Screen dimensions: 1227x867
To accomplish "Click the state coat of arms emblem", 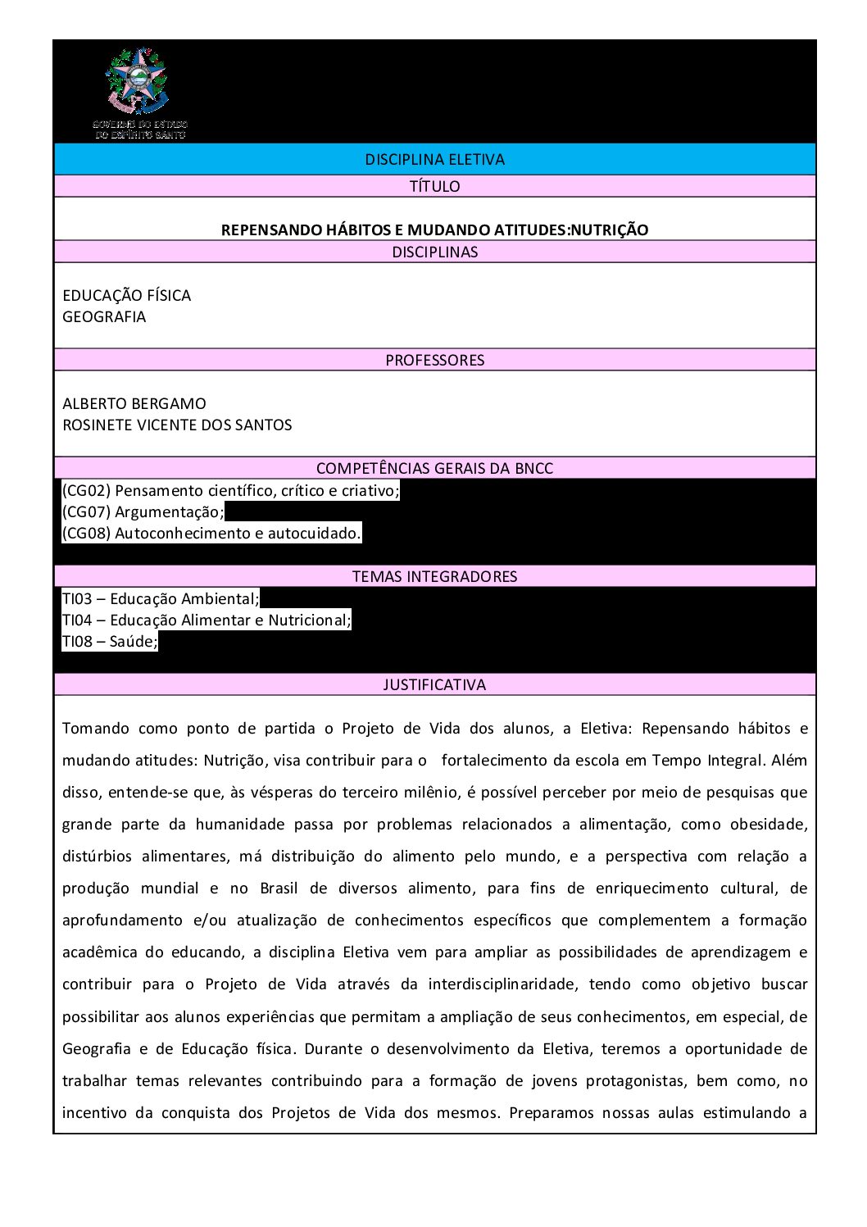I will pos(137,81).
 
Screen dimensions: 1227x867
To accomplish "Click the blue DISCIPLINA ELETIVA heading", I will pos(434,160).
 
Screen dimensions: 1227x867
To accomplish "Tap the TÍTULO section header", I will pos(434,186).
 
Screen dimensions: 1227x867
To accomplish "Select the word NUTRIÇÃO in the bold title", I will pos(609,230).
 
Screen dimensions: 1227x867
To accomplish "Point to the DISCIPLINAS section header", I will pos(434,252).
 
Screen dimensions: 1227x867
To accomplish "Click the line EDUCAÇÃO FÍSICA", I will pos(126,295).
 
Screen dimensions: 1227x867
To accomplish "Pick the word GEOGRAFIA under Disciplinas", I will pos(104,316).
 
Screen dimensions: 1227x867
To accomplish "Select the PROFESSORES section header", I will pos(434,360).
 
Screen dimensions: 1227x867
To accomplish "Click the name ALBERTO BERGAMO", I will pos(134,403).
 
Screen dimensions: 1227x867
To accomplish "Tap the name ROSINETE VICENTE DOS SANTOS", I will pos(177,425).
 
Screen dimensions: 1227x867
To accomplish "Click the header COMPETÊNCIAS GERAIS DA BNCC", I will pos(434,468).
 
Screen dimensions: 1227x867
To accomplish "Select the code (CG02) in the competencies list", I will pos(86,491).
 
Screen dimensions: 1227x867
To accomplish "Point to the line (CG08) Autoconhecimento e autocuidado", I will pos(211,534).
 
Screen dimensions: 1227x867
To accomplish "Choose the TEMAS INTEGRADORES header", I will pos(434,576).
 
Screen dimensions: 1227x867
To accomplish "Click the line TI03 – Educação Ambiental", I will pos(161,599).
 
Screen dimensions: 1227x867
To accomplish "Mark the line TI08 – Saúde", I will pos(110,642).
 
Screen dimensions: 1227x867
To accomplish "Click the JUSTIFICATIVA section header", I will pos(434,684).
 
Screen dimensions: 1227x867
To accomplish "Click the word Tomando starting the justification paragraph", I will pos(96,729).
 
